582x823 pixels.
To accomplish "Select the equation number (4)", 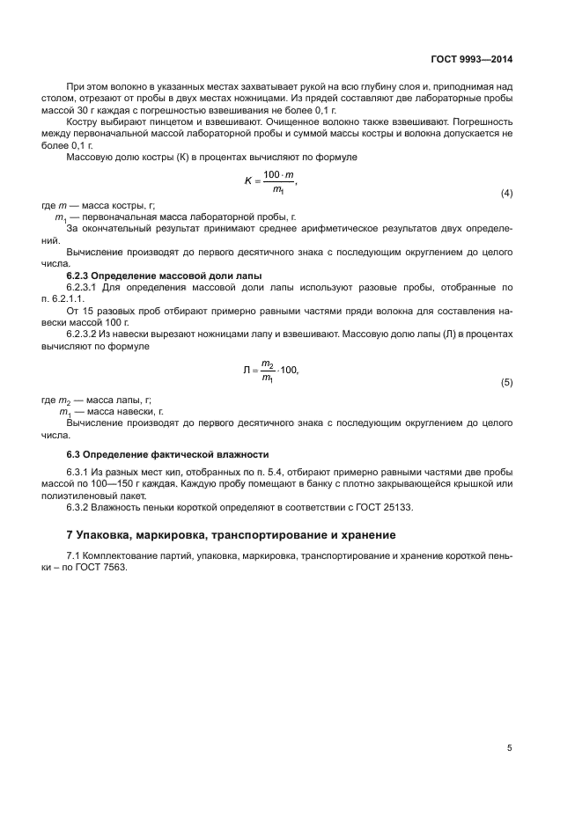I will tap(506, 193).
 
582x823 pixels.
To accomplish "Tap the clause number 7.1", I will tap(74, 556).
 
